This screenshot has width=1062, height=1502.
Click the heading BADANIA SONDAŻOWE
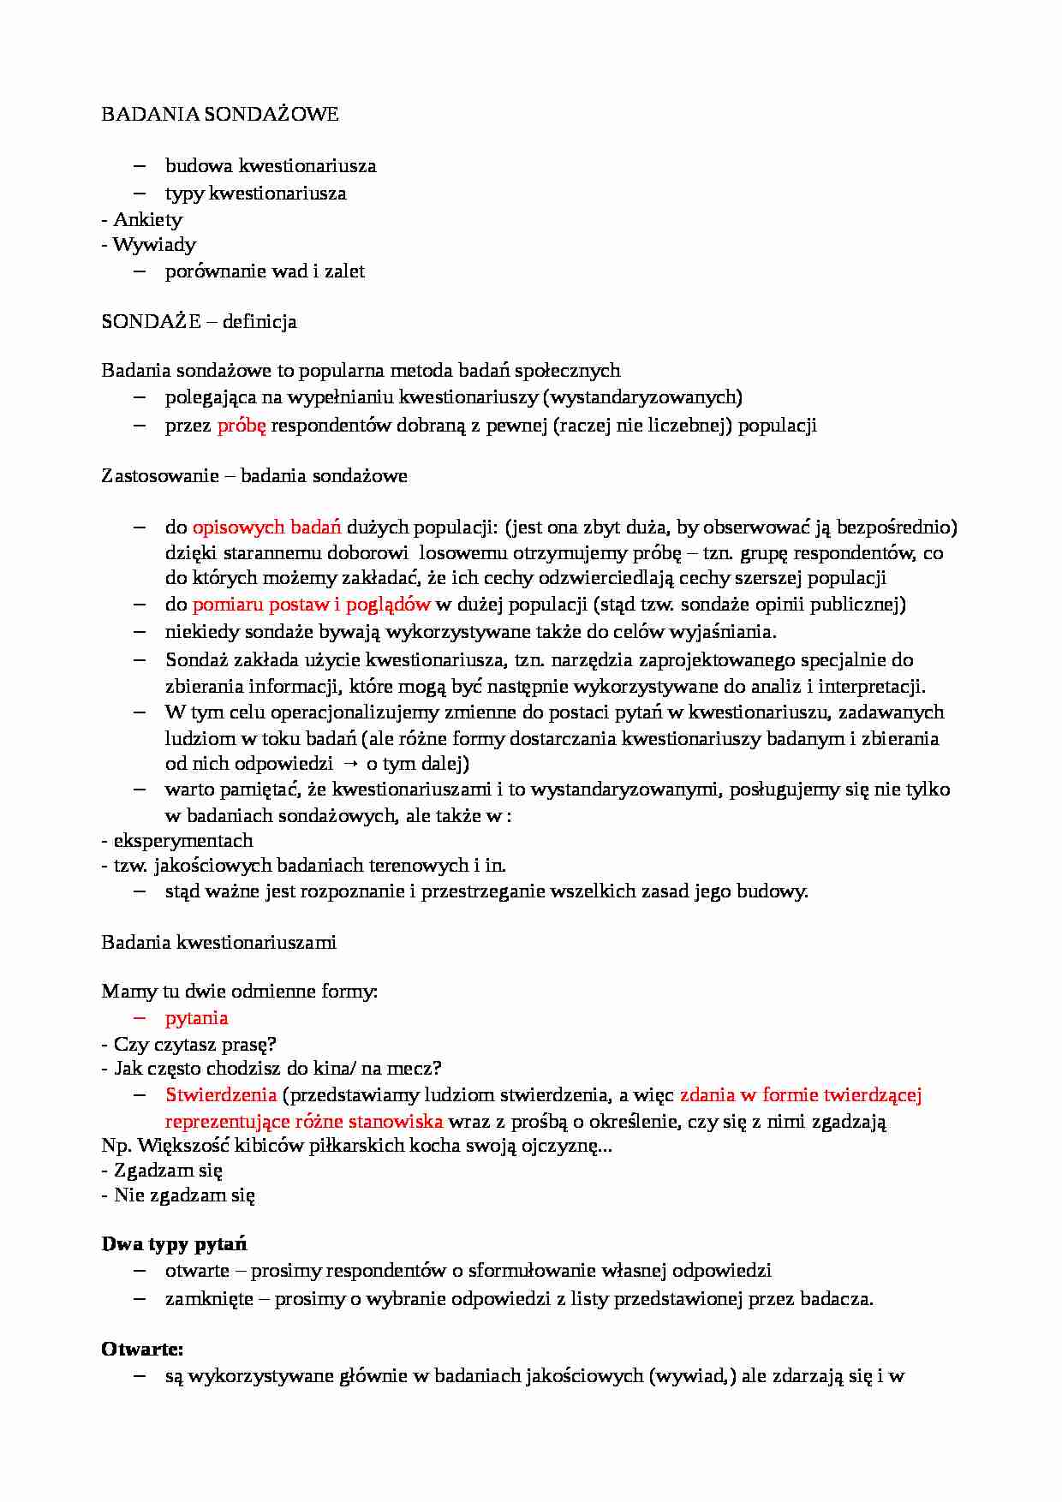click(220, 114)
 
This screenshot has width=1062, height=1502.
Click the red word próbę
click(242, 425)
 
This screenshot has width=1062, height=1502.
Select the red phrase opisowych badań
click(266, 527)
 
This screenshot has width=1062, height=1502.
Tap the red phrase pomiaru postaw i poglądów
click(311, 605)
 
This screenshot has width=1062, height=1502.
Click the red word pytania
click(196, 1017)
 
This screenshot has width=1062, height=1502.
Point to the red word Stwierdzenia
click(221, 1094)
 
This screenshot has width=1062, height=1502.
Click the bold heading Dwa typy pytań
click(174, 1243)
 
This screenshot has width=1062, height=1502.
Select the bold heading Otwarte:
click(142, 1349)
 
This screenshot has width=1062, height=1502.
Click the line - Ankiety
click(141, 219)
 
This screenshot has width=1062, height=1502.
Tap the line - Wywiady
click(148, 245)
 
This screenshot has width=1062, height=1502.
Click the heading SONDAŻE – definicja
click(199, 321)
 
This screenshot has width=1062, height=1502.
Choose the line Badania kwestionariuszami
click(218, 942)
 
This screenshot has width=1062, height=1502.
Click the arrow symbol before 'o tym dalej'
click(349, 764)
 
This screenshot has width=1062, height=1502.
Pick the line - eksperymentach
click(177, 840)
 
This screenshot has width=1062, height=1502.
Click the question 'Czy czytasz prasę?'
click(194, 1044)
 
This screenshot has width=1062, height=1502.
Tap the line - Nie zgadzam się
click(178, 1195)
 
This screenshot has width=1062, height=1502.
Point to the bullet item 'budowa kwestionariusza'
click(271, 165)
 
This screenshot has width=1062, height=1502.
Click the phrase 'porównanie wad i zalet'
click(265, 271)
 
